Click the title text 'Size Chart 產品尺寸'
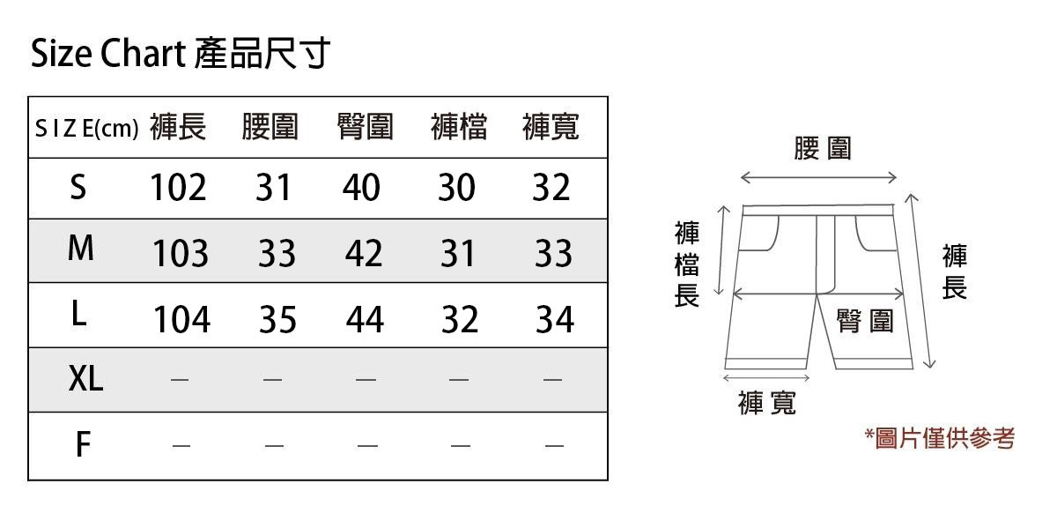(181, 55)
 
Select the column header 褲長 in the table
(178, 128)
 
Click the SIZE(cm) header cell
(86, 129)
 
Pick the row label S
(78, 188)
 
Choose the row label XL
(85, 380)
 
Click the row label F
(82, 446)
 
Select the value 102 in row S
(178, 188)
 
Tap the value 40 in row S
(361, 188)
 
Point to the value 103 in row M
(181, 254)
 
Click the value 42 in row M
(364, 254)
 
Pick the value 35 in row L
(277, 319)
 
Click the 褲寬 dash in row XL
(552, 381)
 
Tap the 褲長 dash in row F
(181, 446)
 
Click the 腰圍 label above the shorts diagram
(823, 148)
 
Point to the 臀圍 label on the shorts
(864, 322)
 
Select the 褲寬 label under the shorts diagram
(766, 403)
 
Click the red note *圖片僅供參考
(939, 438)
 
